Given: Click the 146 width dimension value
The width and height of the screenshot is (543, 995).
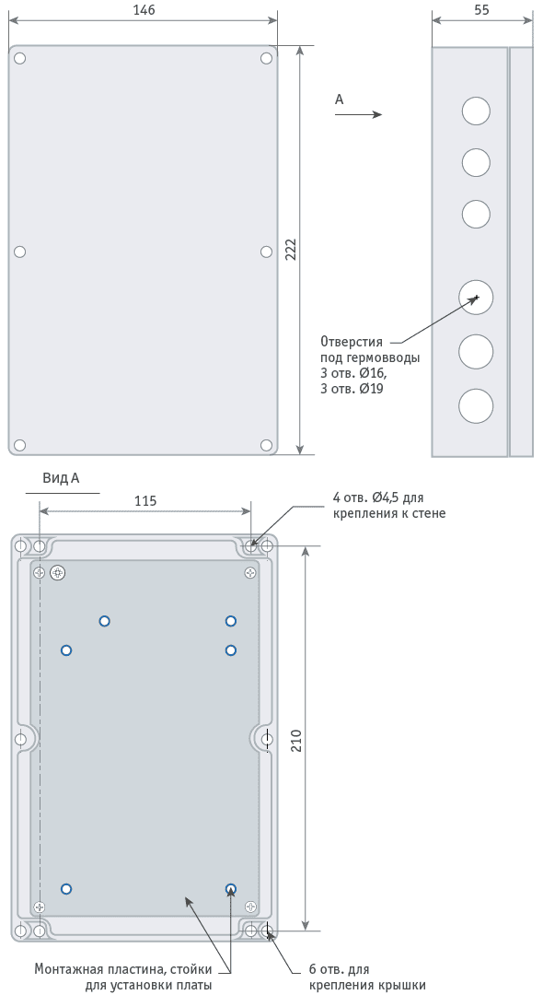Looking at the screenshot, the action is (x=144, y=10).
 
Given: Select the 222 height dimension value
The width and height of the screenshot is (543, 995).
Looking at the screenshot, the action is (x=290, y=250).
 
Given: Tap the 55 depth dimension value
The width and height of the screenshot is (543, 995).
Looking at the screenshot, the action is (x=481, y=10).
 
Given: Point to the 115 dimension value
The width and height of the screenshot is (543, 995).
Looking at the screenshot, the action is (x=145, y=500).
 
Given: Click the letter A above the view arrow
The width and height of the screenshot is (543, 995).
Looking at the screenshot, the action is (x=339, y=99).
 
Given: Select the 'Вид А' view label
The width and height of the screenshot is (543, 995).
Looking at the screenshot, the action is (x=61, y=478).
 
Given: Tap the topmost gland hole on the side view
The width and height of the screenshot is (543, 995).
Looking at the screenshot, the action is (x=476, y=111).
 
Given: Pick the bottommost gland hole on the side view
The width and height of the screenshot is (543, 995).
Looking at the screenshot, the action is (x=476, y=406).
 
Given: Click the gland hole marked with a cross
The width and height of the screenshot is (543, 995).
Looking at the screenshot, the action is (x=476, y=297).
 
